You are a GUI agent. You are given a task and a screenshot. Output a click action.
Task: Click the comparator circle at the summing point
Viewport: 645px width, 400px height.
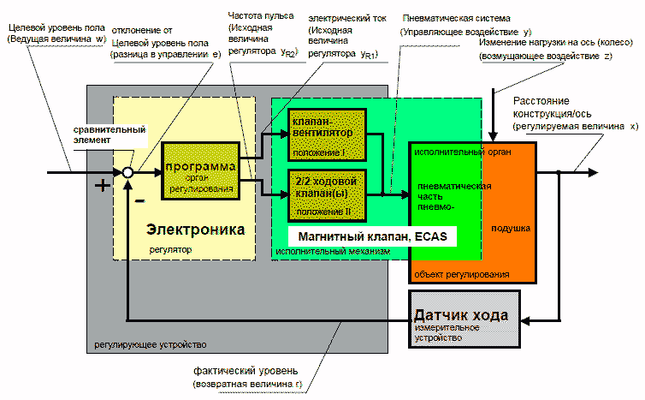tap(127, 172)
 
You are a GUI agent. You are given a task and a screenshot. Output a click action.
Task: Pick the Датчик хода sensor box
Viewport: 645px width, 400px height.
tap(463, 319)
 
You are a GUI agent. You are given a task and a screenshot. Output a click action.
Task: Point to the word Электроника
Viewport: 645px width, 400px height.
tap(196, 230)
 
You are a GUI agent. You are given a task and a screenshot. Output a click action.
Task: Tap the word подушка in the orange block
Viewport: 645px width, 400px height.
tap(511, 229)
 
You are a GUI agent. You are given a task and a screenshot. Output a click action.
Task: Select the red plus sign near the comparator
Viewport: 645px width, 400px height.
tap(103, 185)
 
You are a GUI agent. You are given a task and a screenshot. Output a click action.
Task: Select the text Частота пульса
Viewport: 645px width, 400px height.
tap(259, 16)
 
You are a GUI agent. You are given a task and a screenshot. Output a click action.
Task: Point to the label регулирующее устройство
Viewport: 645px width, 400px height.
tap(146, 343)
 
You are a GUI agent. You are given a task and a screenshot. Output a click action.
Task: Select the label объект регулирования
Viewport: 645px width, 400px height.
tap(461, 274)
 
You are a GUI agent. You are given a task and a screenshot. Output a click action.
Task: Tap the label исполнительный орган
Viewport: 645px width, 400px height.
tap(462, 152)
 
